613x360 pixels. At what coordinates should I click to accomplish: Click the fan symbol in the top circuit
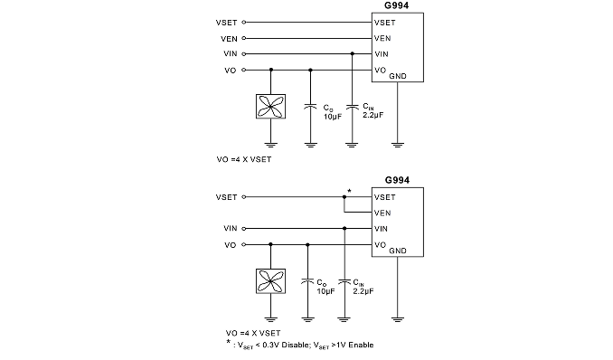[x=270, y=107]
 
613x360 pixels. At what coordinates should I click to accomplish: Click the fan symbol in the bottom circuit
[x=270, y=281]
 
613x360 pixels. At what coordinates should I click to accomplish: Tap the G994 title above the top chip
[x=397, y=5]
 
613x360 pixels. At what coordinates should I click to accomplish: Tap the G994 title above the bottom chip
[x=397, y=180]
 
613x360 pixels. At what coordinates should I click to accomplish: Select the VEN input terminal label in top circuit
[x=229, y=39]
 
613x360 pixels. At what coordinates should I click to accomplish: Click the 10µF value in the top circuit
[x=333, y=116]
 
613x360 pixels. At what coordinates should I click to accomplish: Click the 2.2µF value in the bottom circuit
[x=363, y=291]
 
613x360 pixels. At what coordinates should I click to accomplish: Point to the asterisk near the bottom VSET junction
[x=349, y=191]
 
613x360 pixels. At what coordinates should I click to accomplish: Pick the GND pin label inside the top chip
[x=398, y=76]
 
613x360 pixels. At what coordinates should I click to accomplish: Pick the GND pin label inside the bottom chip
[x=398, y=251]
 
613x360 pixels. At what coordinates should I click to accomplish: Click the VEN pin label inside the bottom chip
[x=382, y=213]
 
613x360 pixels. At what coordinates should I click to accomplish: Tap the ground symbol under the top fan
[x=270, y=145]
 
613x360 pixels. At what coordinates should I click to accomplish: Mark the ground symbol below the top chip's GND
[x=397, y=145]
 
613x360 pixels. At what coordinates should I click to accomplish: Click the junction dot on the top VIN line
[x=353, y=53]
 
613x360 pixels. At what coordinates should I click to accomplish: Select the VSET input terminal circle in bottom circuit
[x=244, y=197]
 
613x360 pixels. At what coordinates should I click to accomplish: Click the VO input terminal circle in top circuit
[x=244, y=70]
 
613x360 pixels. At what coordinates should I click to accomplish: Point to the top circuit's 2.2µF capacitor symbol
[x=353, y=107]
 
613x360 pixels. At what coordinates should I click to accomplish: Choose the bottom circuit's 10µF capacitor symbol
[x=307, y=281]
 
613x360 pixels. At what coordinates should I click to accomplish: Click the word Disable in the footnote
[x=295, y=345]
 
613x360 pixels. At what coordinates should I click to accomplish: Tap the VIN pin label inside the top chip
[x=382, y=54]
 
